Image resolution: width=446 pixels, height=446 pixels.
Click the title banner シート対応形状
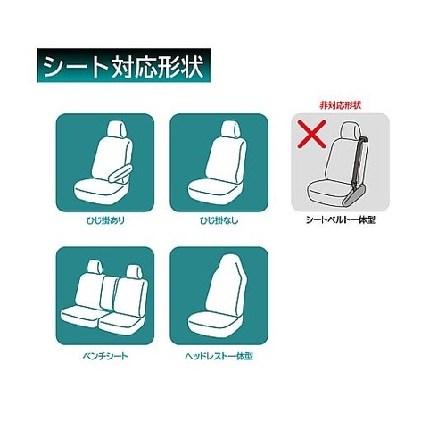[x=124, y=65]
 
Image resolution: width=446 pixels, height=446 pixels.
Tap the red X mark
[x=312, y=134]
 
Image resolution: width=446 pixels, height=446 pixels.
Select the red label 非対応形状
[x=341, y=105]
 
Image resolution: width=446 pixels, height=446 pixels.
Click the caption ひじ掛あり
[x=105, y=220]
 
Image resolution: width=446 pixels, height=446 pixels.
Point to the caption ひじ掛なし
[x=219, y=220]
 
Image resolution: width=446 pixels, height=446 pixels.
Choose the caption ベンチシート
[x=105, y=356]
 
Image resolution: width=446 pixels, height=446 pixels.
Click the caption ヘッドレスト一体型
[x=219, y=356]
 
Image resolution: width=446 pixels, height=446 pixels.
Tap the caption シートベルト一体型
[x=341, y=219]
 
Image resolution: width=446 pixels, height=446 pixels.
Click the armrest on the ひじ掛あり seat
[x=120, y=173]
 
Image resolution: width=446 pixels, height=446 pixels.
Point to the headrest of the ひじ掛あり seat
[x=118, y=130]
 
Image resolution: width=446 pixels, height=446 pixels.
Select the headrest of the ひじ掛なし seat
[x=231, y=130]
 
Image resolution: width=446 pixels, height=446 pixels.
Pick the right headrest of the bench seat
[x=134, y=271]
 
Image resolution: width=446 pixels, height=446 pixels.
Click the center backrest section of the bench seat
[x=108, y=293]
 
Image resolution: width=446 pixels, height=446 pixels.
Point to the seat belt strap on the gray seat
[x=359, y=161]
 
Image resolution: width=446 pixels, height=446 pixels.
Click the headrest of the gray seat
[x=351, y=130]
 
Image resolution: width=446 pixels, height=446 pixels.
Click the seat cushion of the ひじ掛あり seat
[x=98, y=192]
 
